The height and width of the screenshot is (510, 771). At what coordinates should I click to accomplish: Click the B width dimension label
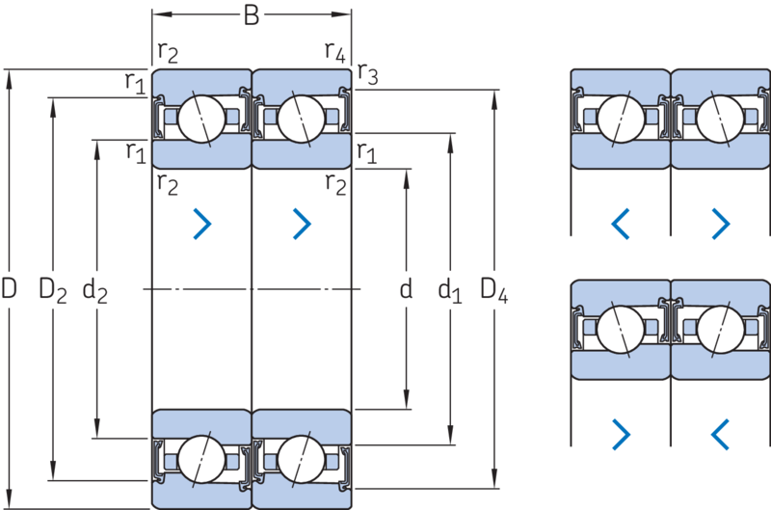tap(252, 15)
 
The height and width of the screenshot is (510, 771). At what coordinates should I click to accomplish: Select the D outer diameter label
tap(9, 288)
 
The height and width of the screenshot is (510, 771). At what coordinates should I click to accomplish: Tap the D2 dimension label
tap(53, 290)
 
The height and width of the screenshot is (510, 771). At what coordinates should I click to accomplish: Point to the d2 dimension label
tap(94, 290)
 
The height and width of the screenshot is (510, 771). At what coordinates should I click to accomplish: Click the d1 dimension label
tap(450, 290)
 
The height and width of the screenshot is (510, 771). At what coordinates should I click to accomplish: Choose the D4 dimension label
tap(493, 290)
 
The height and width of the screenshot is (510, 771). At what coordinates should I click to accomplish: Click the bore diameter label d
tap(406, 288)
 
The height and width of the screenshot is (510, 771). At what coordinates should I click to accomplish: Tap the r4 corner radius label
tap(335, 52)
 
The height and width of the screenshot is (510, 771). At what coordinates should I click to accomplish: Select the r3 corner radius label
tap(368, 74)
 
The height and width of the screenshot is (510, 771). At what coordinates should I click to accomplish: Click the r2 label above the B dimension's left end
tap(168, 52)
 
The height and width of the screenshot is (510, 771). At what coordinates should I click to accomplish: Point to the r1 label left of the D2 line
tap(135, 82)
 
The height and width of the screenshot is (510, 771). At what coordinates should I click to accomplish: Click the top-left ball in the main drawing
tap(201, 119)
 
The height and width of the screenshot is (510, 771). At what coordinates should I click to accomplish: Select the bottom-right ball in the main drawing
tap(302, 459)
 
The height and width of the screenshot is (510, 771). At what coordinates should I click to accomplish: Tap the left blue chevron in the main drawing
tap(202, 224)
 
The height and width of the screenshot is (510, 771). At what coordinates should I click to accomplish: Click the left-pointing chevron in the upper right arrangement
tap(621, 224)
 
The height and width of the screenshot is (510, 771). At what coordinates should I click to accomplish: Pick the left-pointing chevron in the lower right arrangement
tap(720, 434)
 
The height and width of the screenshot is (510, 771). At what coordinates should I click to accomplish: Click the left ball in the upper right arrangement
tap(621, 119)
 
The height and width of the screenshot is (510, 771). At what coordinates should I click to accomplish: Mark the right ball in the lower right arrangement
tap(721, 330)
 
